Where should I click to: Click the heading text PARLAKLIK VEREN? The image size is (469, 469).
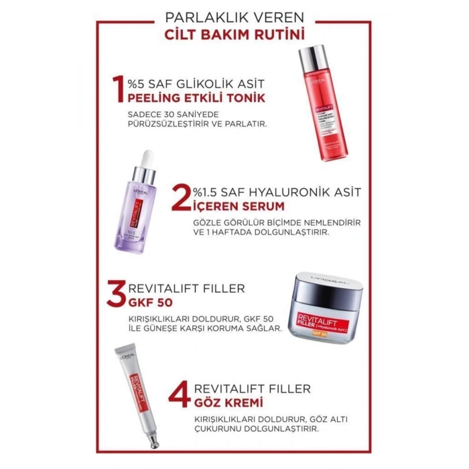(x=234, y=17)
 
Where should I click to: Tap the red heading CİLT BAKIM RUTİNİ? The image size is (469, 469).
(x=234, y=33)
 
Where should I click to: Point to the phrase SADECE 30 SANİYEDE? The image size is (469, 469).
(x=161, y=114)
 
